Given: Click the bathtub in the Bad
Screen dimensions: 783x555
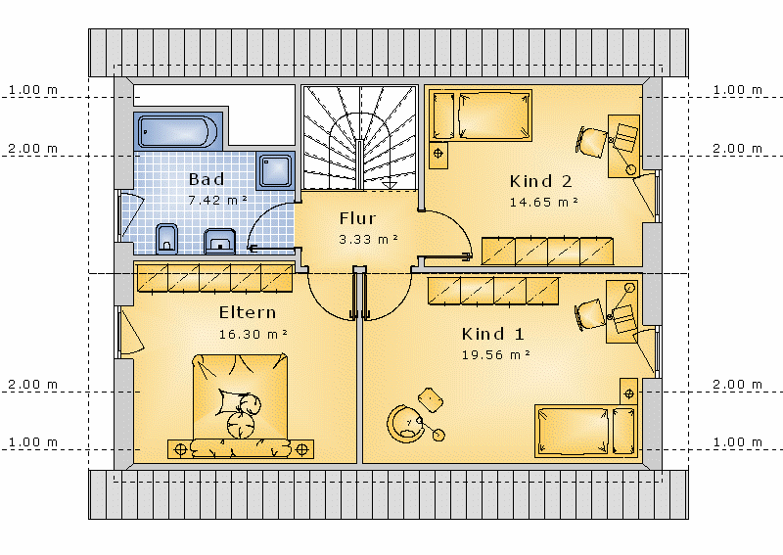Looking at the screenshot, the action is click(x=178, y=131).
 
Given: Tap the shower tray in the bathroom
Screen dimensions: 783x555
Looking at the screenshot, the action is click(x=275, y=171).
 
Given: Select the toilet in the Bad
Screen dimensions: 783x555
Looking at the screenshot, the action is click(x=166, y=239).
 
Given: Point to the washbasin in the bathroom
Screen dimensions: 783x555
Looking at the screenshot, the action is click(x=219, y=241).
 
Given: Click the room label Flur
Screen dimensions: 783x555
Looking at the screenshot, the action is click(x=357, y=218).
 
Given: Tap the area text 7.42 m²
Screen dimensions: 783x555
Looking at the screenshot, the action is click(x=217, y=200).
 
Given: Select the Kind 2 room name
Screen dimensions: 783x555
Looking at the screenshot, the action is click(x=540, y=181).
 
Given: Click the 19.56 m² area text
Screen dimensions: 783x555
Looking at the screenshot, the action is click(x=495, y=354).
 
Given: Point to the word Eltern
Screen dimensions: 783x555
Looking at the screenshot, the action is click(x=248, y=312).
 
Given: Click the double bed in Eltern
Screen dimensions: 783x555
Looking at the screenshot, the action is click(x=240, y=405).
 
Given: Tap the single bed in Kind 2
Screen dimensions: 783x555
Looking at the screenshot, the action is click(x=481, y=116).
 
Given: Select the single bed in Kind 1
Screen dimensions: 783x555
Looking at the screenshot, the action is click(x=586, y=431).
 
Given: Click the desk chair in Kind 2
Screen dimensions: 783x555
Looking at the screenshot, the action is click(x=592, y=142).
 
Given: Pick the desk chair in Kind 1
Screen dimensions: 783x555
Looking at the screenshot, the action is click(x=590, y=314).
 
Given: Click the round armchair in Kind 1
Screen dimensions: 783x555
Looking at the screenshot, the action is click(x=404, y=423).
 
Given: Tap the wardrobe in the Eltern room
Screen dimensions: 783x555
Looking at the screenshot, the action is click(x=214, y=278).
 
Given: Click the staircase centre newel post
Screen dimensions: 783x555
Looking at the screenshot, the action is click(x=359, y=164).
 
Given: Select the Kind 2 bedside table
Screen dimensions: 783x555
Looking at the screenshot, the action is click(x=438, y=155).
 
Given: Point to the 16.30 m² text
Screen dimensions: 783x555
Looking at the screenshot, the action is click(x=253, y=334).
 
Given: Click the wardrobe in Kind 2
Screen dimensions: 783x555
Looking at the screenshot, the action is click(x=547, y=252).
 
